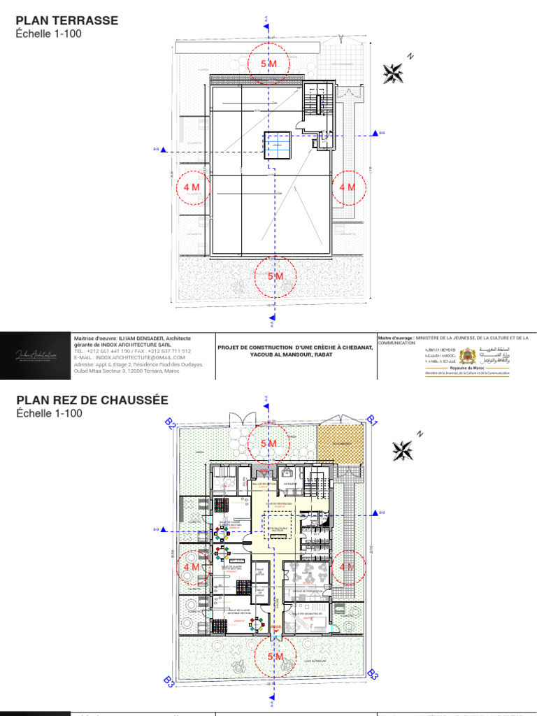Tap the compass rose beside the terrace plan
394,72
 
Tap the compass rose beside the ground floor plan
401,450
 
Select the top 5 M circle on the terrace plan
268,64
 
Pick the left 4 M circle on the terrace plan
192,187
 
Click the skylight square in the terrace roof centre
277,145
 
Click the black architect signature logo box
35,355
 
